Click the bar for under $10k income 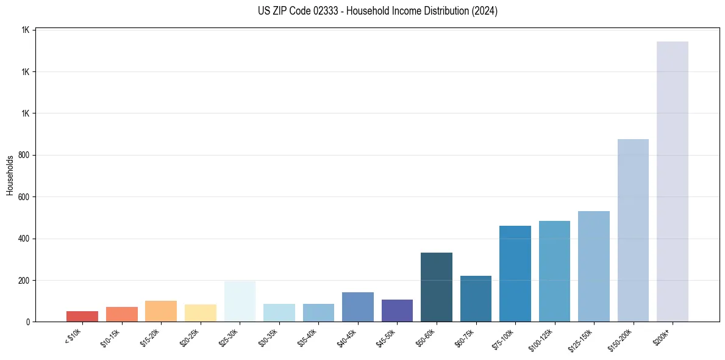[x=82, y=316]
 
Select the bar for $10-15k [x=121, y=314]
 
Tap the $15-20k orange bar [x=161, y=311]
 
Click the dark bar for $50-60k [x=436, y=287]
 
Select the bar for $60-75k [x=476, y=299]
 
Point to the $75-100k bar [x=515, y=273]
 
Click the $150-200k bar [x=633, y=230]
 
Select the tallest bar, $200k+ [x=672, y=181]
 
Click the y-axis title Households [x=10, y=175]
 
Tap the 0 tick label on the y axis [x=27, y=322]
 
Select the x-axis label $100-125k [x=551, y=338]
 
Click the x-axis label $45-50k [x=395, y=337]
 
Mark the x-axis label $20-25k [x=198, y=337]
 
